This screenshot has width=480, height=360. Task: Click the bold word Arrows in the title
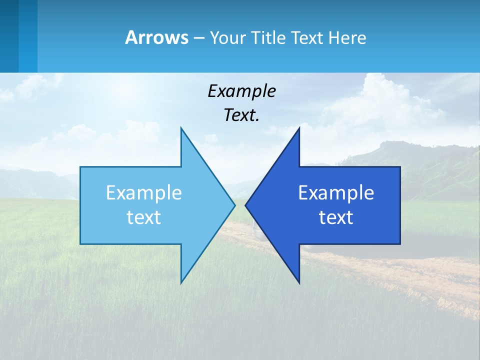click(x=156, y=37)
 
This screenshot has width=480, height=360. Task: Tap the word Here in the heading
click(x=347, y=37)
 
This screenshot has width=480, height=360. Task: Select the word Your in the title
click(x=228, y=37)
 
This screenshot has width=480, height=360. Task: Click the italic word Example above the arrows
click(x=241, y=91)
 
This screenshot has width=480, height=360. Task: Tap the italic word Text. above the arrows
click(x=241, y=115)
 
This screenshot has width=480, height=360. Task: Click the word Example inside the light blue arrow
click(x=143, y=193)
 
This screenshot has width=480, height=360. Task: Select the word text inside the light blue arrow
click(x=143, y=217)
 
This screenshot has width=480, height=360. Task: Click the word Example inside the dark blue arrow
click(x=336, y=193)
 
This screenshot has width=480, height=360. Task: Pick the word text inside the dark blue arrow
click(x=336, y=217)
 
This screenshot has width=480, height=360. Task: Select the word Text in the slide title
click(x=307, y=37)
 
